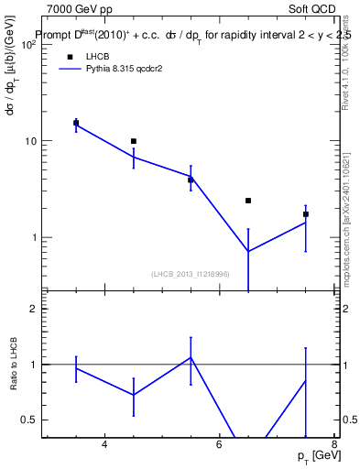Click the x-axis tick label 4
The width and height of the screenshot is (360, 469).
point(104,445)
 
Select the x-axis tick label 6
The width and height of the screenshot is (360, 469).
point(219,445)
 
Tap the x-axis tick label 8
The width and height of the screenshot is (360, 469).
point(333,445)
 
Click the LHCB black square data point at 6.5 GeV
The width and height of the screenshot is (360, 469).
point(247,201)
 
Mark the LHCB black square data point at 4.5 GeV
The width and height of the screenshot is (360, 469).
point(134,141)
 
